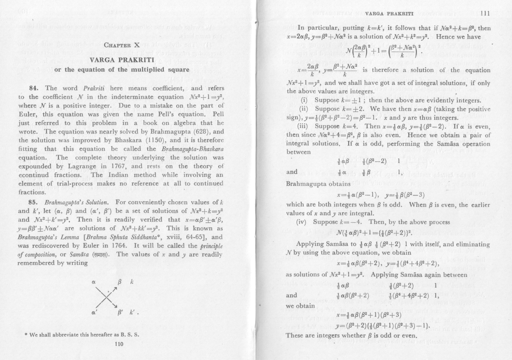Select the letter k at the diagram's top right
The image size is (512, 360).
pyautogui.click(x=134, y=282)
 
